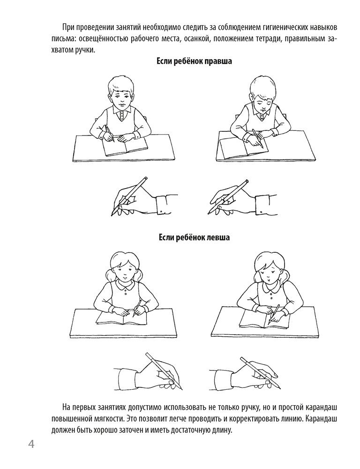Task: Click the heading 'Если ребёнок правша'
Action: [195, 61]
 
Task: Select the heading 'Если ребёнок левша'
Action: [195, 238]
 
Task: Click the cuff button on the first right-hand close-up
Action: [162, 212]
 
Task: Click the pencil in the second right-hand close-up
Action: [228, 197]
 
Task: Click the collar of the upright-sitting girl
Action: [123, 286]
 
